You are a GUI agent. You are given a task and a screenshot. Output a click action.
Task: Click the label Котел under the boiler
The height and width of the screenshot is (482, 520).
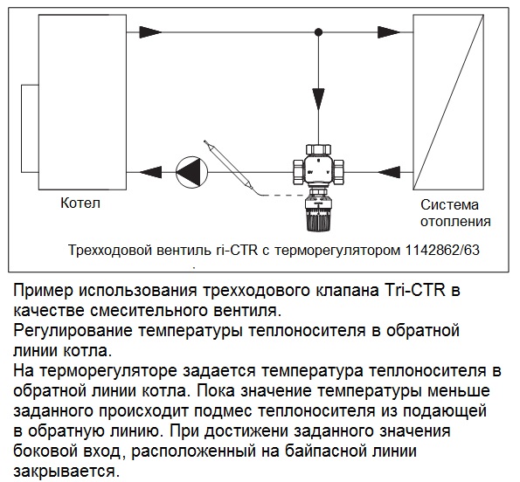(80, 203)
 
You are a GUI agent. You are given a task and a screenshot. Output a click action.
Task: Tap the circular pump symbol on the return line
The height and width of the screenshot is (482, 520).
(191, 172)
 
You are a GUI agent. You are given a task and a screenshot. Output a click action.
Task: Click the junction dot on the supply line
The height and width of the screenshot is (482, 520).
(318, 32)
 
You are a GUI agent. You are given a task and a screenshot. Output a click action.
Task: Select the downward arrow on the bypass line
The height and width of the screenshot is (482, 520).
(318, 99)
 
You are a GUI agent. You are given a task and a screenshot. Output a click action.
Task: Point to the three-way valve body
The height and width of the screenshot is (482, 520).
(318, 169)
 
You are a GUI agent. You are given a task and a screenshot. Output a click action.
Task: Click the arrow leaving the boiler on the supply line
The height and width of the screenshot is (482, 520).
(151, 32)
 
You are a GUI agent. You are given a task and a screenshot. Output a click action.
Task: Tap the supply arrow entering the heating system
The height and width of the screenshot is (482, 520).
(389, 32)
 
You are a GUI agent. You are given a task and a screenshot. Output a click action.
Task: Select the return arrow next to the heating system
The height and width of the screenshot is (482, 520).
(389, 172)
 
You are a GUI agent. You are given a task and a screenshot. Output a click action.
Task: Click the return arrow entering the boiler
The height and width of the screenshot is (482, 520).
(150, 172)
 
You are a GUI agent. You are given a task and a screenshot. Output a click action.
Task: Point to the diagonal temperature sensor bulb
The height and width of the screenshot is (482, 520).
(230, 168)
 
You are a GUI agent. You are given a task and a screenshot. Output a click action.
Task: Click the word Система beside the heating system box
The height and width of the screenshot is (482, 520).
(449, 204)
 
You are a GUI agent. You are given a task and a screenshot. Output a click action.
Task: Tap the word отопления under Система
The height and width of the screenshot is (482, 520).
(455, 221)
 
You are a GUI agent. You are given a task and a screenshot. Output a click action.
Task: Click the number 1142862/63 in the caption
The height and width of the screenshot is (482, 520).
(441, 250)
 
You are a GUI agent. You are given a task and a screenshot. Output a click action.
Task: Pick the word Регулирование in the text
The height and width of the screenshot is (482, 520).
(73, 331)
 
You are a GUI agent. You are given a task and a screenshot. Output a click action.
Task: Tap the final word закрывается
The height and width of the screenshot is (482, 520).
(66, 472)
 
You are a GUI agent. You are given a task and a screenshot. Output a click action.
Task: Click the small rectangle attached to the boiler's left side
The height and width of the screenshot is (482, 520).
(30, 128)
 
